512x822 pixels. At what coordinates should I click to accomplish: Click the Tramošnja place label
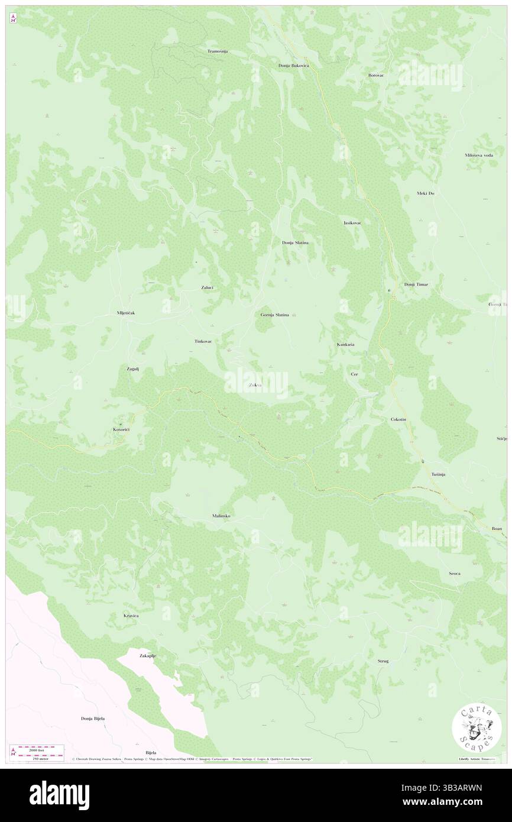[218, 51]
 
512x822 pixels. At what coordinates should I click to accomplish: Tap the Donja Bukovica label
[294, 65]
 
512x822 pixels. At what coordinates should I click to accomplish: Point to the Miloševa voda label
[479, 155]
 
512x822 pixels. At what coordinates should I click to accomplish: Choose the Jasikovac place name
[352, 223]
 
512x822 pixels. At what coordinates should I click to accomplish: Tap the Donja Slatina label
[295, 242]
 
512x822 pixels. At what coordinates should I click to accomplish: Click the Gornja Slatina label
[275, 315]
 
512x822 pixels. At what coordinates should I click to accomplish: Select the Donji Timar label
[416, 284]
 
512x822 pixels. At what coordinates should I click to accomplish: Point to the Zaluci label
[207, 287]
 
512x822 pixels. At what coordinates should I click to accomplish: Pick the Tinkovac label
[204, 342]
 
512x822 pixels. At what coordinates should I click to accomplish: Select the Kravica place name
[131, 616]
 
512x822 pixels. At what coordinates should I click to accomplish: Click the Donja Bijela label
[93, 719]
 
